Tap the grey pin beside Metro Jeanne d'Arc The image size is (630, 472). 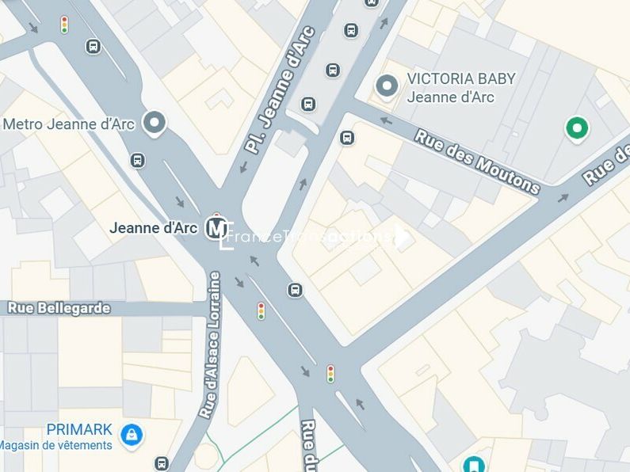click(x=155, y=123)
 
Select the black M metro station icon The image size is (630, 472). click(x=216, y=228)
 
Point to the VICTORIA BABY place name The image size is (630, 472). click(x=460, y=79)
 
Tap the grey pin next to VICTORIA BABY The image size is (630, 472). click(x=387, y=86)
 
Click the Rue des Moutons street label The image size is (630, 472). click(x=477, y=162)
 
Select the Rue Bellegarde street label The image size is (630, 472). click(x=59, y=308)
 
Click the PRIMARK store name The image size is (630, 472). click(x=79, y=429)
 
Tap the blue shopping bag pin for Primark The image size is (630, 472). click(x=132, y=434)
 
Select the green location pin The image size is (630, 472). click(x=577, y=128)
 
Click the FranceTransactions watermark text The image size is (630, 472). click(x=313, y=235)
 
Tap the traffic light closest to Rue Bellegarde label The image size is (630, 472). click(x=261, y=310)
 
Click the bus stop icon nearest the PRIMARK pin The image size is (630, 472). click(x=162, y=463)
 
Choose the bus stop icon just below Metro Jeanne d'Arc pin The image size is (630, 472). click(x=138, y=161)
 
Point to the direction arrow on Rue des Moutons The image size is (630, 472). click(x=387, y=121)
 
